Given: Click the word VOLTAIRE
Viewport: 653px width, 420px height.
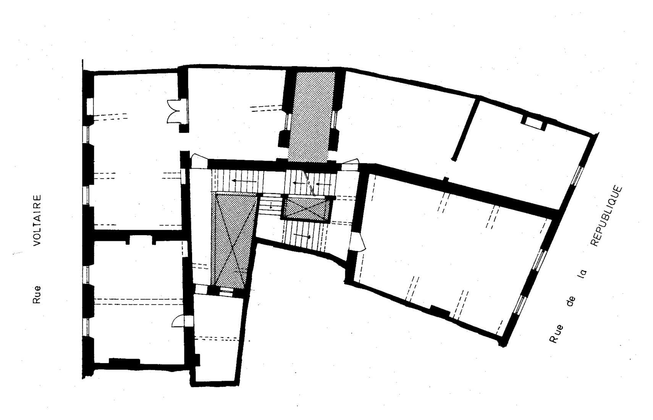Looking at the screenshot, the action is tap(37, 221).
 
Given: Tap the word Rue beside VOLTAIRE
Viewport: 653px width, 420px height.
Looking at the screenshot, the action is tap(37, 295).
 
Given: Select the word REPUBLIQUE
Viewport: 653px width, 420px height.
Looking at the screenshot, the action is tap(606, 216).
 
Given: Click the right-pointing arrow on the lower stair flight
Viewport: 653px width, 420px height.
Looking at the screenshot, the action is tap(302, 236).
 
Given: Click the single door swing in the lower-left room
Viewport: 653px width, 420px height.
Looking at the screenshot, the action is tap(178, 321).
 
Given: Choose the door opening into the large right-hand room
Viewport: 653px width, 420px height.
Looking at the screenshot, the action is tap(358, 241).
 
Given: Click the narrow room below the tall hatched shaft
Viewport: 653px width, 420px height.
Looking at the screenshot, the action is tap(217, 338).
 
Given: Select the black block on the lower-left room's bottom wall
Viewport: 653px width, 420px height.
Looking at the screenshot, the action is tap(124, 361).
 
